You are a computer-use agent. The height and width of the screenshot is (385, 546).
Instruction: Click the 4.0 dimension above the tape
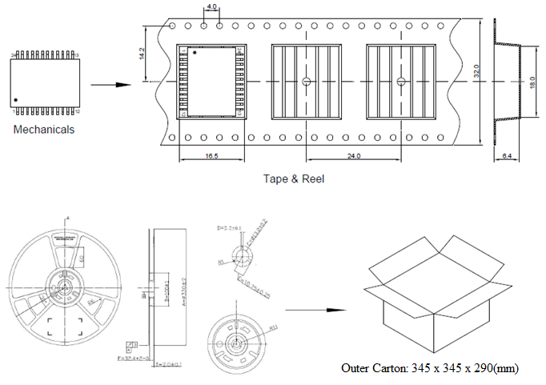click(x=211, y=7)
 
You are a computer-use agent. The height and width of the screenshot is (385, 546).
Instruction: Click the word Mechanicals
click(x=44, y=129)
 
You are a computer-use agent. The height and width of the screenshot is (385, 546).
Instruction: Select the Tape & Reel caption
click(x=294, y=178)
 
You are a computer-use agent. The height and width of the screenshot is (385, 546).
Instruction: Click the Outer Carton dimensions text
click(x=430, y=368)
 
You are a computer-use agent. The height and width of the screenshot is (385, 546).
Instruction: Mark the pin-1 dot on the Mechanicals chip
click(x=16, y=99)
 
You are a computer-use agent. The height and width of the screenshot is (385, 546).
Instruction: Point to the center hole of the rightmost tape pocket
click(x=401, y=81)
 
